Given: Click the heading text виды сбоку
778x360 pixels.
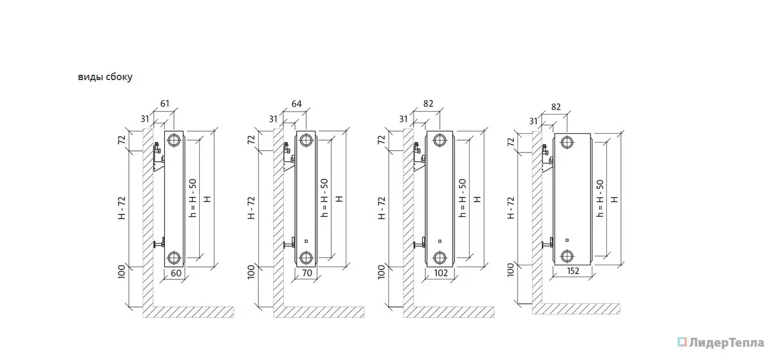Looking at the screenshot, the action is (105, 77).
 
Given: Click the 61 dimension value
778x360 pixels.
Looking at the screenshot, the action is (165, 103).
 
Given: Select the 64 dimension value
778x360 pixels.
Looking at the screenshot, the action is (297, 103).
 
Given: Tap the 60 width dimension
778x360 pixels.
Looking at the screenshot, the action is (176, 273).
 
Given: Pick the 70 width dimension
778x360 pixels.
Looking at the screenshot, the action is (307, 273).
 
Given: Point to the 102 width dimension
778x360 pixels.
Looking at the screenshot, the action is (441, 273).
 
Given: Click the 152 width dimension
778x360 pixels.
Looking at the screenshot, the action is (573, 271).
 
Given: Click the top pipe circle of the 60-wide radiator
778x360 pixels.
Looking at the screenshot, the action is (173, 140).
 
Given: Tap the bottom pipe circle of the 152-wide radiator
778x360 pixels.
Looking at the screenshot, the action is (567, 256).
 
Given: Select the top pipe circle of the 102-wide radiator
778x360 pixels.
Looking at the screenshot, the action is (440, 140).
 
